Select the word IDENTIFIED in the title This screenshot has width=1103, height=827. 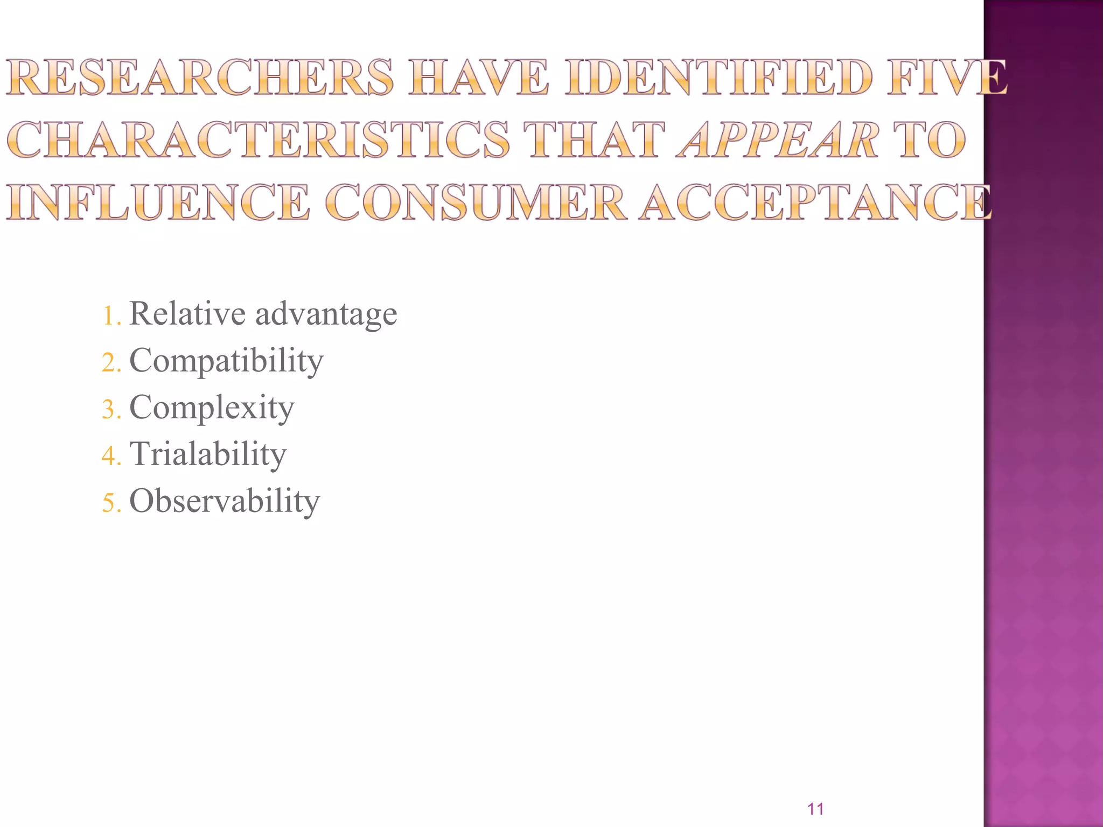[718, 78]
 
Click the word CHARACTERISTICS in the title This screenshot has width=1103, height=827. [259, 139]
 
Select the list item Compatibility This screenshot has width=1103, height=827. [226, 361]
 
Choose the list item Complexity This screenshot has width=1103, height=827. [212, 408]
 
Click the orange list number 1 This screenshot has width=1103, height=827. [109, 316]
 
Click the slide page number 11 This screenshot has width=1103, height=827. [815, 809]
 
